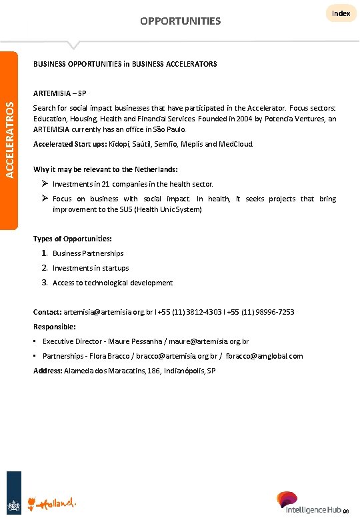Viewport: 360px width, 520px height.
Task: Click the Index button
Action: [341, 13]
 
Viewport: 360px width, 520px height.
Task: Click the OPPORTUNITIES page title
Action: [180, 21]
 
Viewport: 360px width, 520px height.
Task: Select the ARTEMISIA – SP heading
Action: [59, 92]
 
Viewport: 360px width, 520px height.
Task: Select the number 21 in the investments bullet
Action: [105, 183]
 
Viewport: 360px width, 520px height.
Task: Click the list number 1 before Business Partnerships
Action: [44, 253]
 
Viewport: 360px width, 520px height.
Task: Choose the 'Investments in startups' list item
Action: [91, 268]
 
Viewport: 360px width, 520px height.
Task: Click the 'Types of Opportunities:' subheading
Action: [73, 238]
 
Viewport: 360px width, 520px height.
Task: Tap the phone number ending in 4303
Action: [189, 312]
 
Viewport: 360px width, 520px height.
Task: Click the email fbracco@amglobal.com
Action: [265, 356]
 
